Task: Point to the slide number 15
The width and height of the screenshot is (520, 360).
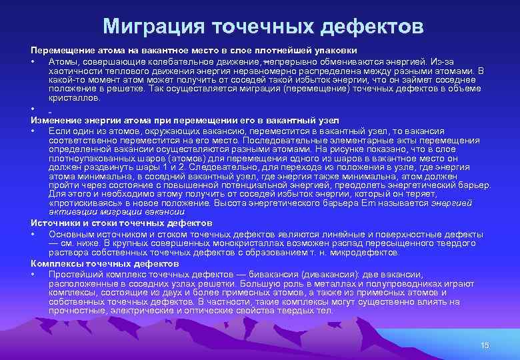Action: point(485,345)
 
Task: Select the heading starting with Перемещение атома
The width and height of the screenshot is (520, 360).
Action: point(193,51)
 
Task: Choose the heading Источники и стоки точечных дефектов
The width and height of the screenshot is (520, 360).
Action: point(121,223)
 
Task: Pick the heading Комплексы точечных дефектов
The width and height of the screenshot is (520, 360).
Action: point(105,264)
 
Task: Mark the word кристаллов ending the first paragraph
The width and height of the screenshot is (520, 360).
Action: point(74,97)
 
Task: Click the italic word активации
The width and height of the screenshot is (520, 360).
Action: point(69,211)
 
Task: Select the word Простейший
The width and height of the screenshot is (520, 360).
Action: point(77,275)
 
